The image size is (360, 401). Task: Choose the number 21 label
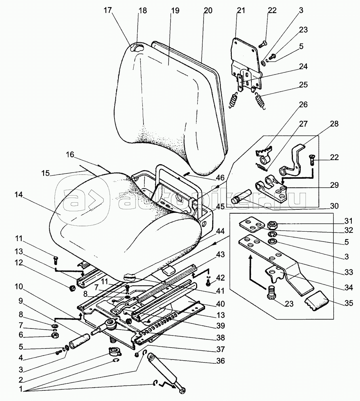[x=240, y=11]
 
